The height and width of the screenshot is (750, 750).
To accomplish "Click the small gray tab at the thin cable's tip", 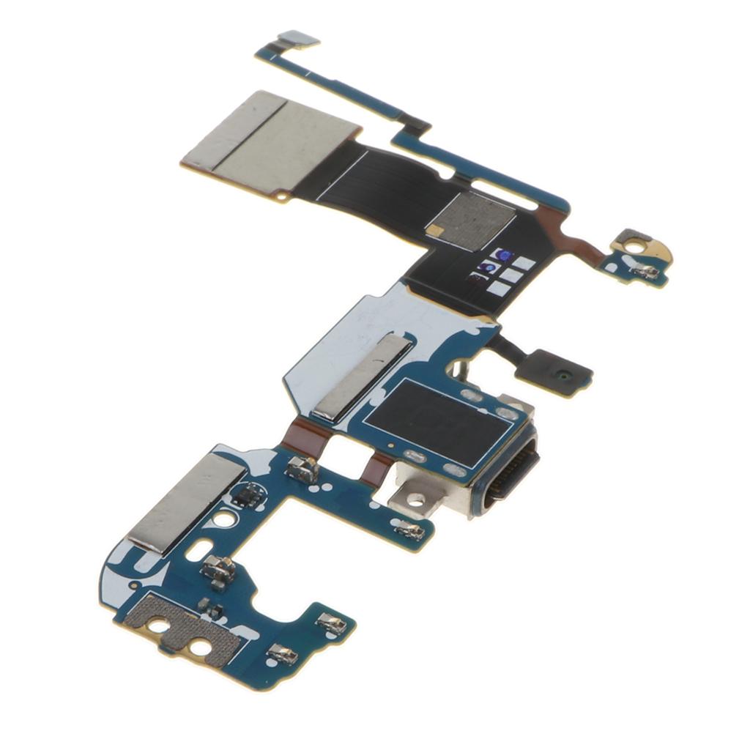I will click(299, 38).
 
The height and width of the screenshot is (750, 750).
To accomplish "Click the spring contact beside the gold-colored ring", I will click(645, 272).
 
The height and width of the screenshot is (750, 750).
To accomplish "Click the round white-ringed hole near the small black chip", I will click(226, 520).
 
